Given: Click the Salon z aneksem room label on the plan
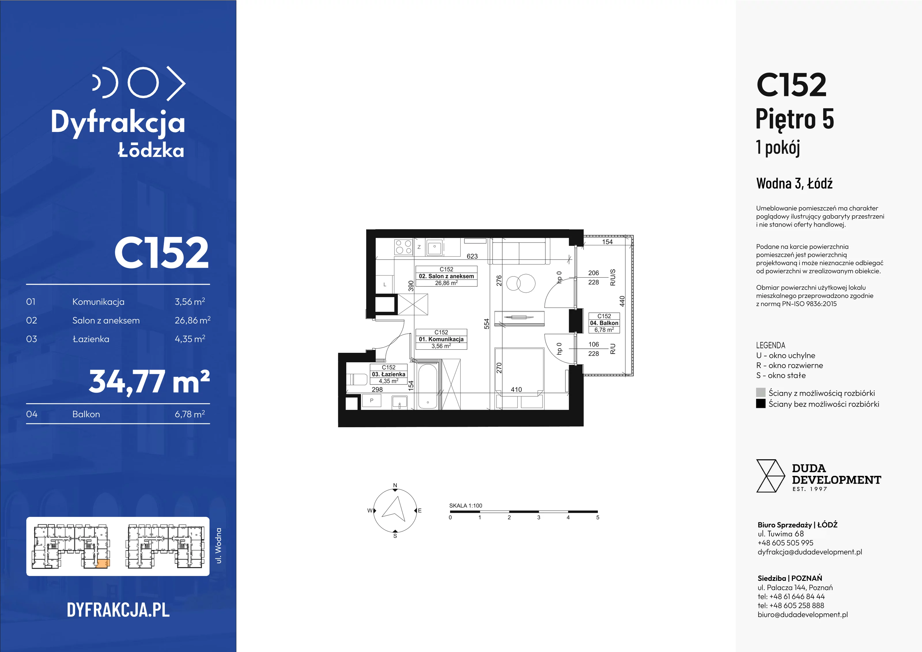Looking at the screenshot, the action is pos(446,276).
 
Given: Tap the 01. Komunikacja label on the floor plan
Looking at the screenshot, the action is pos(441,339).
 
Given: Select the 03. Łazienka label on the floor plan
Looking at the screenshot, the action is pos(388,374).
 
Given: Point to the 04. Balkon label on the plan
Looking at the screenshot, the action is pos(604,323).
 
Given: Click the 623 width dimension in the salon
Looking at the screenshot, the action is pos(472,256).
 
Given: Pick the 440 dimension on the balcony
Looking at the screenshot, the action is pos(622,301).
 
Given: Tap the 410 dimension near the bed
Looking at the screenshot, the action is pos(516,389).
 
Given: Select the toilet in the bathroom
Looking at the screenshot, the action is pos(357,380).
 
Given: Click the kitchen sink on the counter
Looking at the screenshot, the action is pos(434,248).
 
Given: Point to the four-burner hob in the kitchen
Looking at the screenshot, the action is pos(404,247).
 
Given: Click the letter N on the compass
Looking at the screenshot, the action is pos(395,485).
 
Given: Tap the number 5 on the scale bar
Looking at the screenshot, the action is pos(598,517).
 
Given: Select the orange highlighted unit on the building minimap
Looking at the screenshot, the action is pos(103,563).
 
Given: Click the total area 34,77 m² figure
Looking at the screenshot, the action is pos(149,382).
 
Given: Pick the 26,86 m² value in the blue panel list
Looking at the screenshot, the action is pos(192,320).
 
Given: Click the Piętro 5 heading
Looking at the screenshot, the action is pos(795,119).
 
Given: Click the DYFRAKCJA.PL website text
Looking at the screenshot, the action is pos(118,610).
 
